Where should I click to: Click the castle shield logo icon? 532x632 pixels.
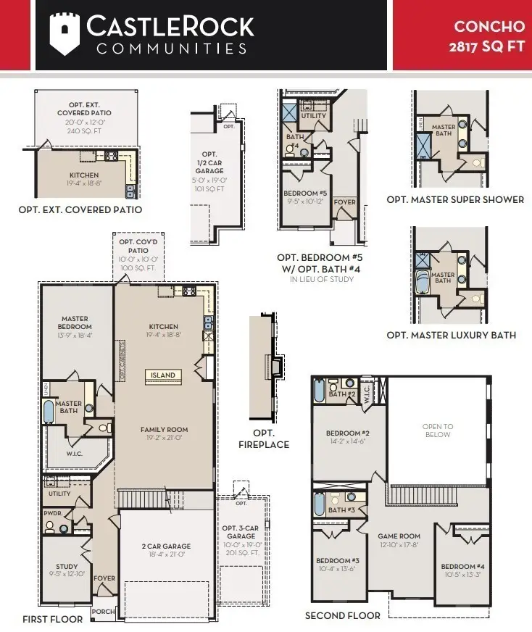(x=64, y=35)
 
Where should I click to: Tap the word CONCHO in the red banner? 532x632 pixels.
(x=489, y=27)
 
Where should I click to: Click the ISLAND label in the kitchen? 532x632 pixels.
(x=162, y=375)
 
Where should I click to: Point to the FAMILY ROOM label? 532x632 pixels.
(x=164, y=430)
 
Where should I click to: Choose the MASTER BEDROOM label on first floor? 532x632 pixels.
(x=75, y=323)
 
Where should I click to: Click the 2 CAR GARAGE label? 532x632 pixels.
(x=166, y=546)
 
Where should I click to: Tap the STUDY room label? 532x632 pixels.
(x=67, y=567)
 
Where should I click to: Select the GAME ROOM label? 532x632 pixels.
(x=399, y=537)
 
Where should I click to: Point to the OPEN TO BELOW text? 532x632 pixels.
(x=438, y=431)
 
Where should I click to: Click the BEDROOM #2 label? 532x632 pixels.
(x=345, y=433)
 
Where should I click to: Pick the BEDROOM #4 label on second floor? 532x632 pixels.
(x=462, y=566)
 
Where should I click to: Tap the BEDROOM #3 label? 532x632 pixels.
(x=338, y=561)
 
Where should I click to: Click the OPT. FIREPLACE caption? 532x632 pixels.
(x=264, y=439)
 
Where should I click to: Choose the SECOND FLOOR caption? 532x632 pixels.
(x=342, y=615)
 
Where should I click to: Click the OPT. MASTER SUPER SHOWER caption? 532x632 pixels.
(x=454, y=199)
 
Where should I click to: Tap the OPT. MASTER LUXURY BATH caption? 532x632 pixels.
(x=451, y=335)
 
